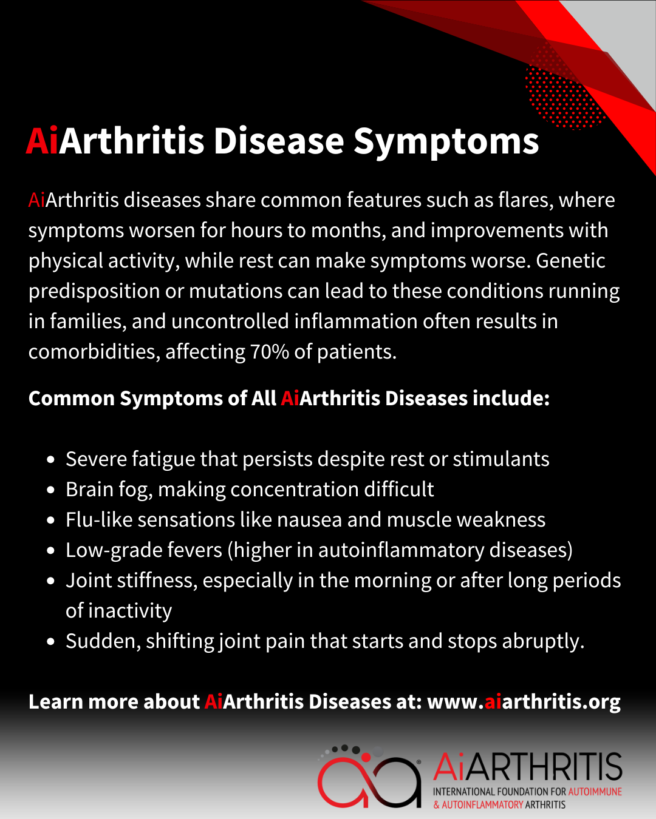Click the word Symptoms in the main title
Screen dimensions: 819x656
446,142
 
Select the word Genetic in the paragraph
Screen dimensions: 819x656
570,261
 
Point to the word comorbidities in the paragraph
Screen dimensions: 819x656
94,352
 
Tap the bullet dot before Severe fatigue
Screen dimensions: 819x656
51,460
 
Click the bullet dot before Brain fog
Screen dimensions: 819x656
51,490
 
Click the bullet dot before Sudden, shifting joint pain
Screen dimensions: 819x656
51,642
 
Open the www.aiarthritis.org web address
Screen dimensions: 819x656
524,702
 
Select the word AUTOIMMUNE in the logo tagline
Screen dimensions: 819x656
595,792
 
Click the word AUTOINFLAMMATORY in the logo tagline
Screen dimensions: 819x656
482,805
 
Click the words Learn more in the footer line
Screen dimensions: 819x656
84,702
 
